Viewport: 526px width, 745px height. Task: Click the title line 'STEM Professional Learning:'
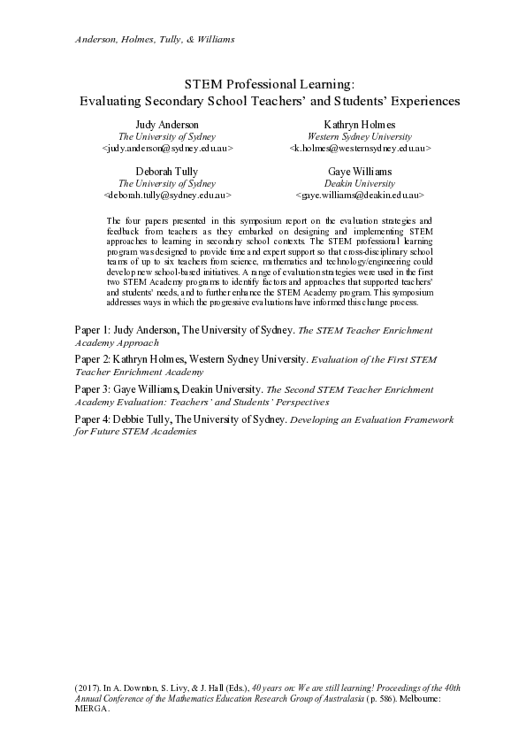269,84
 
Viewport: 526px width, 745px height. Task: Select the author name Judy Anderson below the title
167,126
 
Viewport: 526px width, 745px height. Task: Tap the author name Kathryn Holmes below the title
359,126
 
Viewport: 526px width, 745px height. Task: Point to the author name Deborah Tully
167,171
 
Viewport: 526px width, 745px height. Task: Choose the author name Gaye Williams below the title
359,171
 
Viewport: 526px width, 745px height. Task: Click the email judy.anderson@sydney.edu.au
167,150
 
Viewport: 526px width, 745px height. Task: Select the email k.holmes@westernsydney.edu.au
359,150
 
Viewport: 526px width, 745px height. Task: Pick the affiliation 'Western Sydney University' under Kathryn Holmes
359,137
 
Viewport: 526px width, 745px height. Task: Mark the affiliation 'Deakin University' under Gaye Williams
359,182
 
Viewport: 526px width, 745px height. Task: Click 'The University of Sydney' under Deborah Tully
167,182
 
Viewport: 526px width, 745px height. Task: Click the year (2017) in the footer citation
88,687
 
